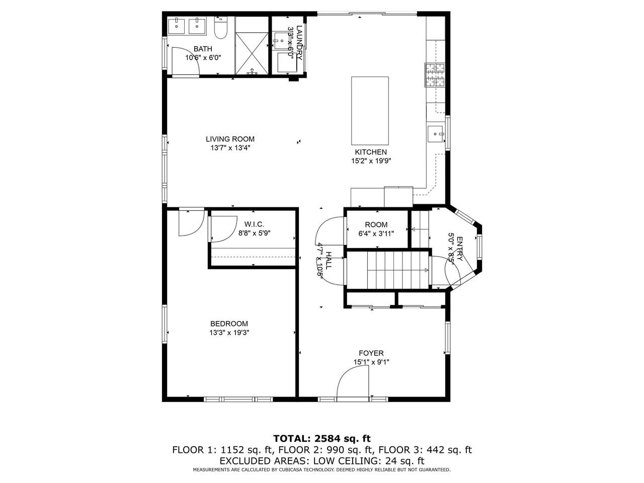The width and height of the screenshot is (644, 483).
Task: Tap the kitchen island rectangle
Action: coord(370,111)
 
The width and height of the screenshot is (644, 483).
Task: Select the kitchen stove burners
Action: coord(435,75)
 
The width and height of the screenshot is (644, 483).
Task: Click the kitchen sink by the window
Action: coord(435,134)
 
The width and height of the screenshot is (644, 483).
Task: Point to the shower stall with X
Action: coord(252,53)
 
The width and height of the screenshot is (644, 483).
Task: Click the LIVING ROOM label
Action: coord(230,139)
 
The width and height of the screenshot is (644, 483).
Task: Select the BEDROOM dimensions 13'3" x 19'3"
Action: coord(229,333)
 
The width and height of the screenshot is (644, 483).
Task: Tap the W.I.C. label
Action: coord(254,224)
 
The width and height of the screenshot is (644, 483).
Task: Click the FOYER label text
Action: coord(371,353)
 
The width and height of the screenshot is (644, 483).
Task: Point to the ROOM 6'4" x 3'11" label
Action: coord(376,229)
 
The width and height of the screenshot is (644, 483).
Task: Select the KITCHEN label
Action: coord(371,152)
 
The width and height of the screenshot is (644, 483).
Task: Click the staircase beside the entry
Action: coord(397,270)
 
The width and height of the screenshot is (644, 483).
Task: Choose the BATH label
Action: coord(203,49)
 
